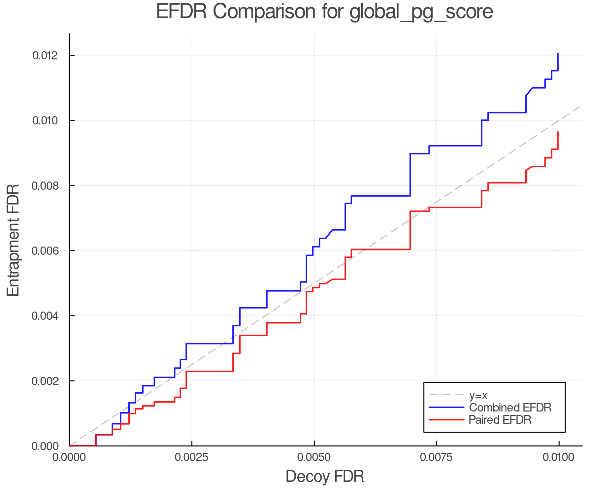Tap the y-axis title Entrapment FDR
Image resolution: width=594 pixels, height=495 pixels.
pyautogui.click(x=14, y=240)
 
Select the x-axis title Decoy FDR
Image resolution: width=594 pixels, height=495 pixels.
pyautogui.click(x=325, y=477)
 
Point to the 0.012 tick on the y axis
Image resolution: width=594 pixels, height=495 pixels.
pyautogui.click(x=46, y=55)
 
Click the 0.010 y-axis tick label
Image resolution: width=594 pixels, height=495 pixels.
pyautogui.click(x=46, y=120)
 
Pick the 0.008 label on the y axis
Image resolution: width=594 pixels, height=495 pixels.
pyautogui.click(x=46, y=186)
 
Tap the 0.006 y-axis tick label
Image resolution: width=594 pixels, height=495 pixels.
pyautogui.click(x=46, y=251)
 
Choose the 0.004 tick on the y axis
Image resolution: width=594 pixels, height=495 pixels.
pyautogui.click(x=46, y=316)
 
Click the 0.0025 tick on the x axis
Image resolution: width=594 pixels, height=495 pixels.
pyautogui.click(x=192, y=457)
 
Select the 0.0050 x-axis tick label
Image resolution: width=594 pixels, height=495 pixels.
pyautogui.click(x=314, y=457)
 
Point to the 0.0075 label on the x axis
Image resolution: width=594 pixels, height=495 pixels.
pyautogui.click(x=437, y=457)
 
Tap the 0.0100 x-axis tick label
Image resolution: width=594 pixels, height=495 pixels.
pyautogui.click(x=559, y=457)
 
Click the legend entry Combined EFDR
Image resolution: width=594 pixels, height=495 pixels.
pyautogui.click(x=510, y=408)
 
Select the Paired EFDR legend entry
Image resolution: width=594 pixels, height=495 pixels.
pyautogui.click(x=500, y=420)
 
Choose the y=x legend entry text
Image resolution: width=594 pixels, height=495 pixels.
pyautogui.click(x=478, y=395)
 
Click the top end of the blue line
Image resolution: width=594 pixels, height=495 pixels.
pyautogui.click(x=558, y=53)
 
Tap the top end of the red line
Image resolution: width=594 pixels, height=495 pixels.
pyautogui.click(x=558, y=132)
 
